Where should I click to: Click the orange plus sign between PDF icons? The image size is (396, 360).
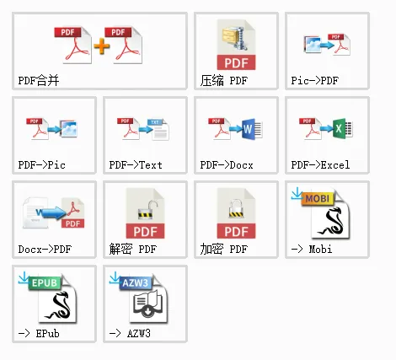point(102,46)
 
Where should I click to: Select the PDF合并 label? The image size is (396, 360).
point(39,81)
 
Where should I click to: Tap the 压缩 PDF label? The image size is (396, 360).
point(224,81)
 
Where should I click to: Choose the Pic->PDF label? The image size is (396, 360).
point(315,81)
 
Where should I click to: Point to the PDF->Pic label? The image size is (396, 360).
point(42,165)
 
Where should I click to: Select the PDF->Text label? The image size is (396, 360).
point(136,165)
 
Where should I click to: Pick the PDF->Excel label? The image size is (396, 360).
point(320,165)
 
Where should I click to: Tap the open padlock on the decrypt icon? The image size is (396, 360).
point(147,210)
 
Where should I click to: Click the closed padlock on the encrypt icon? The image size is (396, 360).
point(236,209)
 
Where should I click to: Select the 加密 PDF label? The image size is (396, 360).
point(224,250)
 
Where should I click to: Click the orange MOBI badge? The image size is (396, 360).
point(318,199)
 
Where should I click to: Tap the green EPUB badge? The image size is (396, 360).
point(45,282)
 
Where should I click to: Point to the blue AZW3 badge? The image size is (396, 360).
point(136,282)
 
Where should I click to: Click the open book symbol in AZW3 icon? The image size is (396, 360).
point(147,305)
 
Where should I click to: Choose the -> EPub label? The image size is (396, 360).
point(39,334)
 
